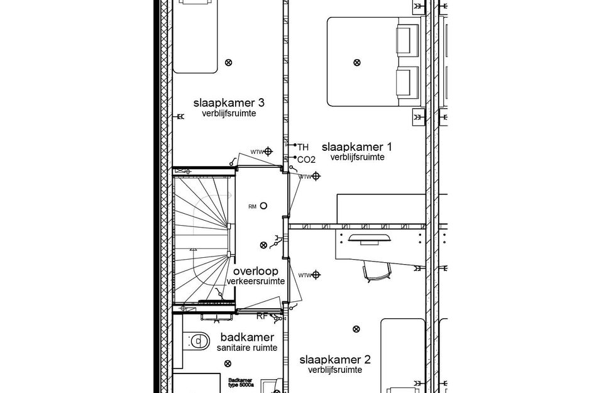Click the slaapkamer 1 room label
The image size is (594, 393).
[357, 147]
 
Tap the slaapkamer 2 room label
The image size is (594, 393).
[334, 360]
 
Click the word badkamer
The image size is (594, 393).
[247, 337]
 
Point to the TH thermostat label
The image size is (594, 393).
[303, 147]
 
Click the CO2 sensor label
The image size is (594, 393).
[306, 159]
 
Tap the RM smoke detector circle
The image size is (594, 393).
[263, 206]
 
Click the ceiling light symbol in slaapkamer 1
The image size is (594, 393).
[357, 62]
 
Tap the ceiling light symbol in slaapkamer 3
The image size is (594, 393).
[228, 62]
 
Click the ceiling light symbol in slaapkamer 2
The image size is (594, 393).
[357, 328]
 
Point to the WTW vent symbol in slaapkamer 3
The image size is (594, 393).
[268, 151]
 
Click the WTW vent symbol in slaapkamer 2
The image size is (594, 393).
[316, 275]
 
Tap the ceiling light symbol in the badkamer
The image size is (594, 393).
[228, 363]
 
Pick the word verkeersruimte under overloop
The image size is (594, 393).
[255, 281]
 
